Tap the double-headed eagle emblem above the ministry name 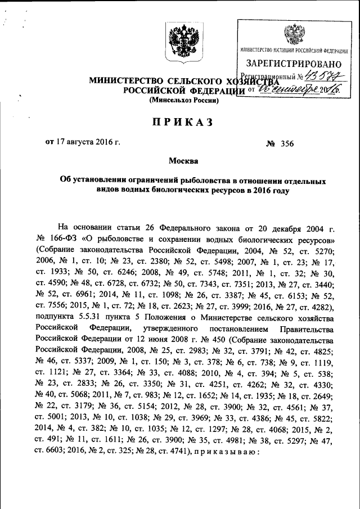pyautogui.click(x=183, y=43)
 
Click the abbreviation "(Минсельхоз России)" pyautogui.click(x=183, y=100)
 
